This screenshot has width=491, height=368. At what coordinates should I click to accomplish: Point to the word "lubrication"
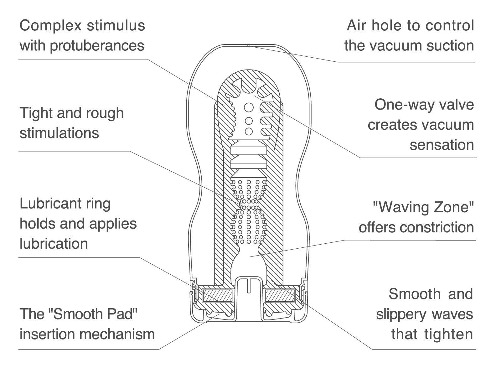tap(54, 244)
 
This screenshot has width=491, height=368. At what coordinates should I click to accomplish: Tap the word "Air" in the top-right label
tap(357, 25)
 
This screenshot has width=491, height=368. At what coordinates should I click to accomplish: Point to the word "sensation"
tap(442, 145)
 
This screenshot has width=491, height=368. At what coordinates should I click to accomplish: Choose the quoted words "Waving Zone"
tap(423, 207)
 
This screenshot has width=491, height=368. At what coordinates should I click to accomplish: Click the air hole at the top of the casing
tap(249, 45)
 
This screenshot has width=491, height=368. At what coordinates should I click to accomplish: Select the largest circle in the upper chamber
tap(249, 108)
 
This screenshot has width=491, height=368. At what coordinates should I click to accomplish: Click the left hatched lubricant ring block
tap(217, 296)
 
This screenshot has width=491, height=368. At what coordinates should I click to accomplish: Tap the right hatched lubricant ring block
tap(280, 296)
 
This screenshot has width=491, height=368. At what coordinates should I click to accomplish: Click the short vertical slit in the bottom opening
tap(249, 286)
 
